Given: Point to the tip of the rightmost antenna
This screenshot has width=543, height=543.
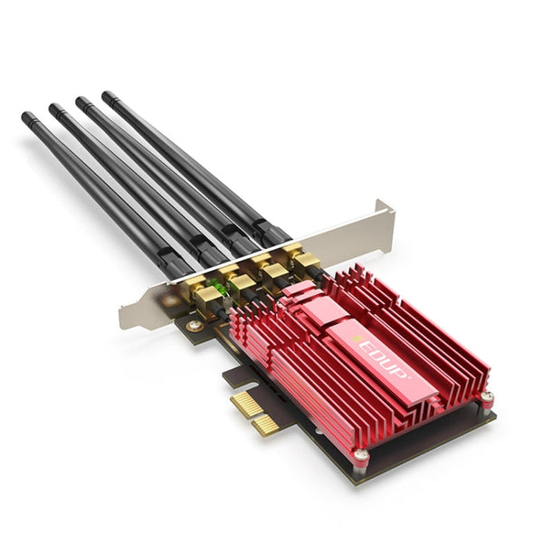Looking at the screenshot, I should click(x=107, y=94).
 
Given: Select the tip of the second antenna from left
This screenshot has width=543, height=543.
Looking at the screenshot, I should click(x=53, y=108).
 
